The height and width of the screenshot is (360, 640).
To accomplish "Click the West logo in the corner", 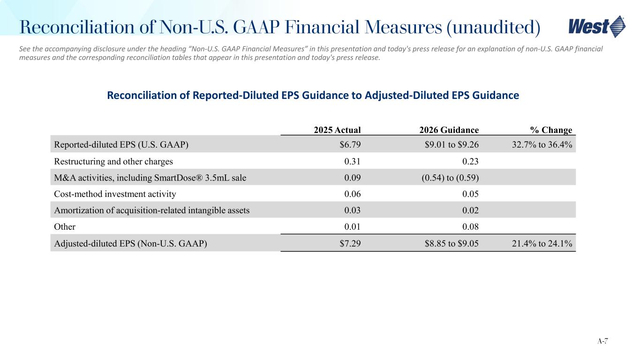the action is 596,27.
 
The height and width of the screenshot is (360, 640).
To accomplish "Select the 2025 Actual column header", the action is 337,130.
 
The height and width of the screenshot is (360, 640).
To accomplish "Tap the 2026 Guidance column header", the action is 449,130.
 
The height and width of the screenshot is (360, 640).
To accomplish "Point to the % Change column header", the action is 551,130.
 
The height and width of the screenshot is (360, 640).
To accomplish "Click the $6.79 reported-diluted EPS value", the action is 350,144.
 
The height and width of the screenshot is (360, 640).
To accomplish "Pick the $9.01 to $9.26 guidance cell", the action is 452,144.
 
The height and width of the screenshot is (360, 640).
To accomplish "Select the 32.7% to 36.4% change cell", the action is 542,144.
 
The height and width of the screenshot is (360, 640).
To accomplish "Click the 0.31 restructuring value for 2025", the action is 352,161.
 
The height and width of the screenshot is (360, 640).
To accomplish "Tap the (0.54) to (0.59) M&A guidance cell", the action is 450,178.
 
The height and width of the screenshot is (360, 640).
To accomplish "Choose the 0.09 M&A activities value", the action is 352,178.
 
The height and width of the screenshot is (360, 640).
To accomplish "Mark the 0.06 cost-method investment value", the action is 352,194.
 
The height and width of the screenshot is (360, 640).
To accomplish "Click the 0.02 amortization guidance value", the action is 470,210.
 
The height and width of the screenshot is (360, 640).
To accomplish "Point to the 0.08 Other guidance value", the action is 470,226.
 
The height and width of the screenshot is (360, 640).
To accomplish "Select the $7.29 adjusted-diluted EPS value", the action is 350,243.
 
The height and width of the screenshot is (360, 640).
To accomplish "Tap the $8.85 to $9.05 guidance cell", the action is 452,243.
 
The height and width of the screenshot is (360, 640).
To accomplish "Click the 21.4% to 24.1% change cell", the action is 542,243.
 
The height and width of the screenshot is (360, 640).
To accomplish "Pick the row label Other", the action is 65,226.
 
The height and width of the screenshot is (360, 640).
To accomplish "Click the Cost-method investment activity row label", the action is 115,194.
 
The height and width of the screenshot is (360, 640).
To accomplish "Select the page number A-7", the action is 602,341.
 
